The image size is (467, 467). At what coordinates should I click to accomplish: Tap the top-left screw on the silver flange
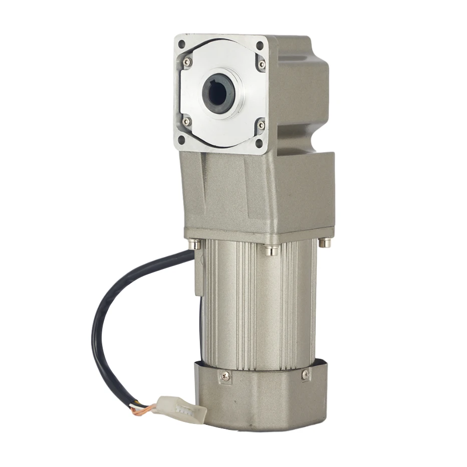coord(187,62)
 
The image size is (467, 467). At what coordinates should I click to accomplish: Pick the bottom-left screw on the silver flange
coord(186,121)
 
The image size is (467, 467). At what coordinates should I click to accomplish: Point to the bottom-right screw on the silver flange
coord(261,125)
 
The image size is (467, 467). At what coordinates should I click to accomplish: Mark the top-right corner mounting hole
coord(260,46)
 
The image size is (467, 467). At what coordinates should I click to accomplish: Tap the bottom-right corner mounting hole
coord(259,143)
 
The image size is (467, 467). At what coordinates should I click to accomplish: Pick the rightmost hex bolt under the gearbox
coord(326,243)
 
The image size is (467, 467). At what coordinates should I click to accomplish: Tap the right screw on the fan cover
coord(306,374)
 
